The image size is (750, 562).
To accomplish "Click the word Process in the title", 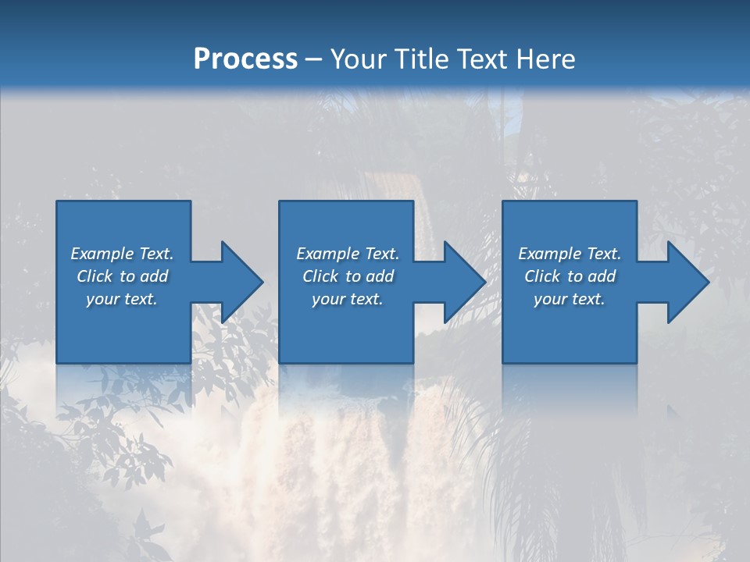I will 245,59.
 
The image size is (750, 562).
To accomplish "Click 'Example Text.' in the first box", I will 122,254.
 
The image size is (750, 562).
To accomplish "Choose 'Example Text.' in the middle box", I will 348,254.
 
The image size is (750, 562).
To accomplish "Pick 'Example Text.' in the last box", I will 570,254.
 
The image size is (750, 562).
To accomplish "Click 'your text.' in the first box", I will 122,299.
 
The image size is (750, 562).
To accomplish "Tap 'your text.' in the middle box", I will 348,299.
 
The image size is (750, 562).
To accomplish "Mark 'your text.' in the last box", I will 570,299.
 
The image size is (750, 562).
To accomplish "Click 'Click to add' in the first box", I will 122,276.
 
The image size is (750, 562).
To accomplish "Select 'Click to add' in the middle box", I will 348,276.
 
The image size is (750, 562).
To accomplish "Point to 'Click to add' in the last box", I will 570,276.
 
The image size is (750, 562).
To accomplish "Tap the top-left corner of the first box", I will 58,202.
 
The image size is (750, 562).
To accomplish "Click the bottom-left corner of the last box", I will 504,361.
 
